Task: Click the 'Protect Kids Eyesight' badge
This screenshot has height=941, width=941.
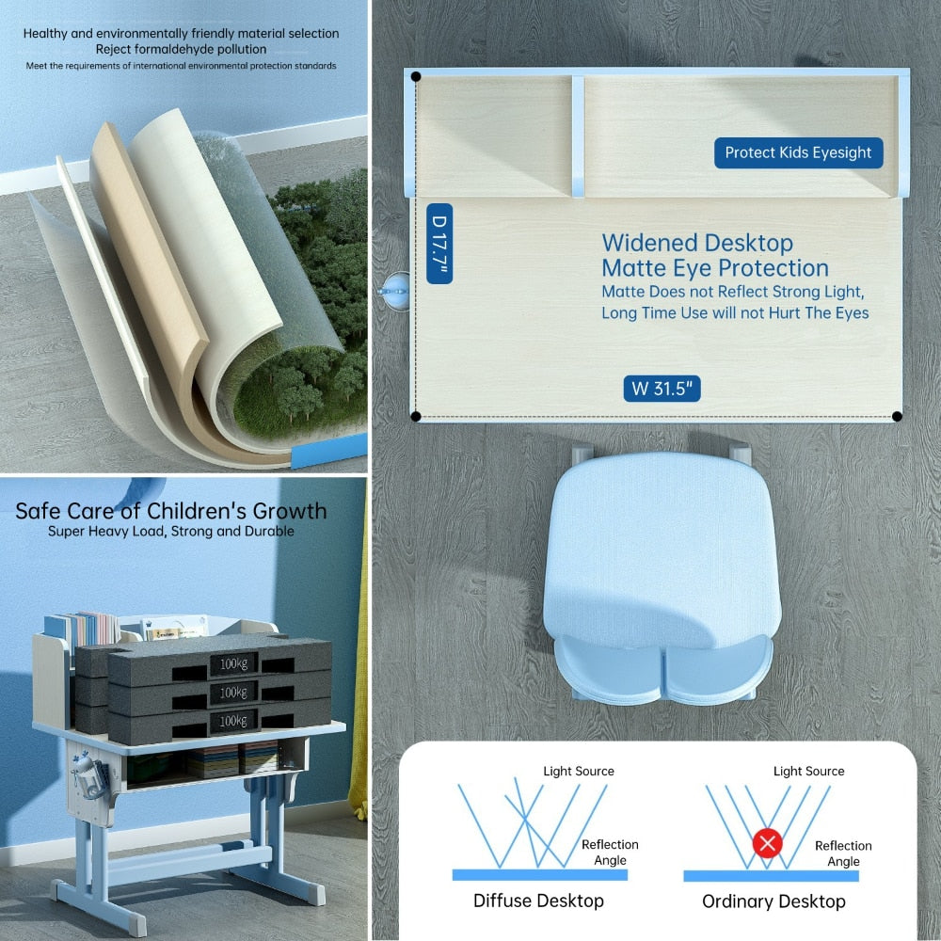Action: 798,152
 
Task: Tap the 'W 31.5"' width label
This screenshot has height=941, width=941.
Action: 662,389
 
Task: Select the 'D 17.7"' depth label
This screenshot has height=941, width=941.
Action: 439,243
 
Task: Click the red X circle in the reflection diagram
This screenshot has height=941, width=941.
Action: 767,844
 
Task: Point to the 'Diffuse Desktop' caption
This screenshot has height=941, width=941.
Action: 538,901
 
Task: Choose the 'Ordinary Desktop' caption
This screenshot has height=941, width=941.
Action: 774,901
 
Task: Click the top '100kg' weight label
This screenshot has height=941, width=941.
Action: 233,663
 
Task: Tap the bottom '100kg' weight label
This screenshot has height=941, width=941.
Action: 233,721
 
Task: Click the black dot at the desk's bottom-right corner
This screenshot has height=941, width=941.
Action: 897,417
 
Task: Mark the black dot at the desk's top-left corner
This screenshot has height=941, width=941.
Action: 416,77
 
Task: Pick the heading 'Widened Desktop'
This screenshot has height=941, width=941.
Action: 697,243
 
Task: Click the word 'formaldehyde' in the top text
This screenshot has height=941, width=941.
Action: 183,49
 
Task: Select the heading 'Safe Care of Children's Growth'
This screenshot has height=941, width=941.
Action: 171,511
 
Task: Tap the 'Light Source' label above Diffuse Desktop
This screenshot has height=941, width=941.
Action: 579,771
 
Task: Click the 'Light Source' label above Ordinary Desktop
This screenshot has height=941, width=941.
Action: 808,771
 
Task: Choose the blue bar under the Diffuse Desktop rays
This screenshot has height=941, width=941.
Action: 539,874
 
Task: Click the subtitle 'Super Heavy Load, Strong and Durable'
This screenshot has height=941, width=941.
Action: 171,531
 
